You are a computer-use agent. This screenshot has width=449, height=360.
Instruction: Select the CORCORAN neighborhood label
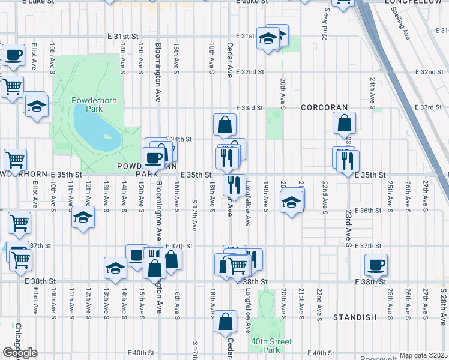tap(324, 107)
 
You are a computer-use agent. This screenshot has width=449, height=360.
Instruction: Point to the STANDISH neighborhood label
tap(354, 317)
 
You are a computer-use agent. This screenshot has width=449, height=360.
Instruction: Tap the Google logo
tap(20, 353)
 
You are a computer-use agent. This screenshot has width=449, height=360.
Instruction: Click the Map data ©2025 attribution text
tap(423, 355)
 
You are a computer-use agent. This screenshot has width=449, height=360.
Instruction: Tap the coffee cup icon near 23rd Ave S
tap(376, 264)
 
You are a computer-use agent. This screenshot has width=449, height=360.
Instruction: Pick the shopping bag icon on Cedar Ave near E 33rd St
tap(224, 125)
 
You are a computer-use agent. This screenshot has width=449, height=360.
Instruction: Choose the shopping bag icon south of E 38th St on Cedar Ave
tap(225, 322)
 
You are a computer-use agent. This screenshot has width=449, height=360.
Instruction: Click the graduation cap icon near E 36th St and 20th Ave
tap(291, 203)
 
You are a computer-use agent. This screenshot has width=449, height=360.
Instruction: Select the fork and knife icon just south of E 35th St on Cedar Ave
tap(234, 184)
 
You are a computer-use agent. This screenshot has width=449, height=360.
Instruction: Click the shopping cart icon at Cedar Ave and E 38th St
tap(238, 265)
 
